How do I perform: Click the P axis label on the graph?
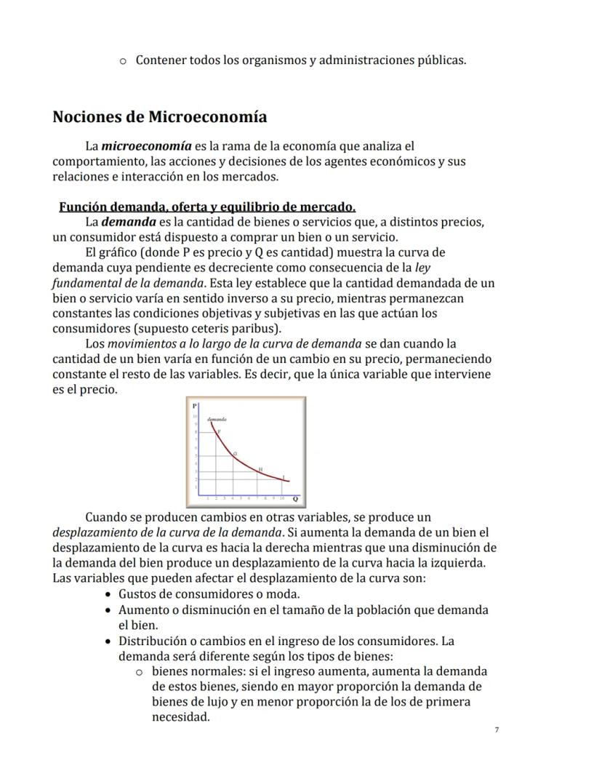tap(194, 406)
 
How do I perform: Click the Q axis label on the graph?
tap(295, 499)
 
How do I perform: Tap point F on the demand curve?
tap(219, 431)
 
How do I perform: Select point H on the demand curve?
tap(260, 469)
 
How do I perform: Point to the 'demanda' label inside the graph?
tap(217, 419)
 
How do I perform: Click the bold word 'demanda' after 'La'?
tap(127, 221)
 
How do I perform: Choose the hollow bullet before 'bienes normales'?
tap(140, 671)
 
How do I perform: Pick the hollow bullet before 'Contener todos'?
tap(124, 60)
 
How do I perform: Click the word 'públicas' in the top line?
tap(441, 60)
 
